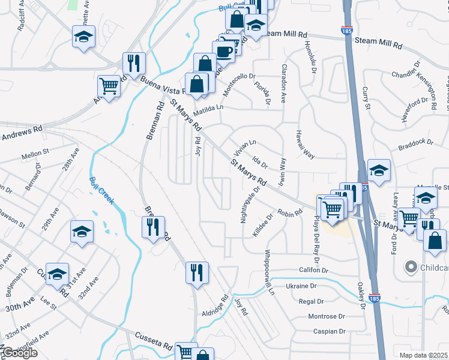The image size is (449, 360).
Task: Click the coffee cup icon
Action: click(224, 52)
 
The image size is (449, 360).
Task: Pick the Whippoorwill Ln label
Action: click(268, 272)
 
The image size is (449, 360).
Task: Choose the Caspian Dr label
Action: click(330, 331)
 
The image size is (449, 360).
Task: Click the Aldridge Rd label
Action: click(215, 306)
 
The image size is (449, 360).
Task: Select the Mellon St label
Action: click(34, 155)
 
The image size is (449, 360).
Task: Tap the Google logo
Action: click(19, 353)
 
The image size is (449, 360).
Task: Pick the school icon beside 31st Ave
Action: click(57, 274)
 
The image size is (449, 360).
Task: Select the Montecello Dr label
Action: click(240, 80)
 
